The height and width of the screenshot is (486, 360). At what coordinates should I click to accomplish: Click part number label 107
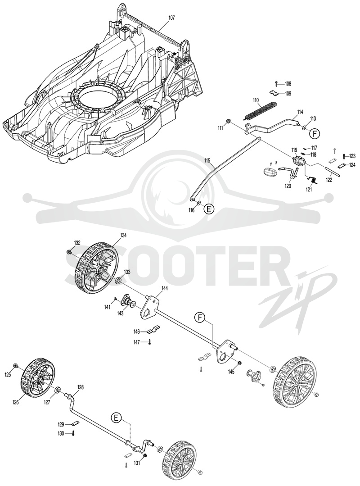click(x=171, y=18)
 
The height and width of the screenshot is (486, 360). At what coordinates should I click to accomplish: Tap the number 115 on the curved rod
click(x=207, y=160)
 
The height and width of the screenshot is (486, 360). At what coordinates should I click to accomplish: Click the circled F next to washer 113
click(x=315, y=134)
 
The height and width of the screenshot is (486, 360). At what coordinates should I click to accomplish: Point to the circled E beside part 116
click(x=209, y=209)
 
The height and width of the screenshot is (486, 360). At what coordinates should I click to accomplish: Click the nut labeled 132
click(x=69, y=252)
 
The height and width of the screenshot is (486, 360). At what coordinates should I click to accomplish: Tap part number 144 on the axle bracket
click(x=165, y=288)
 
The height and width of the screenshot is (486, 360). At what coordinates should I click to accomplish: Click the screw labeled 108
click(x=276, y=84)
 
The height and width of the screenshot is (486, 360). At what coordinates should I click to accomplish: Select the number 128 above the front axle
click(x=81, y=387)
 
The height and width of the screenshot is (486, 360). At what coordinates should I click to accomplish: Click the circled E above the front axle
click(x=116, y=418)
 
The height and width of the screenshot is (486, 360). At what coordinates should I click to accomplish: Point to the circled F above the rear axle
click(x=200, y=317)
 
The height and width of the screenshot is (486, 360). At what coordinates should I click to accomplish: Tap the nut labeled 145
click(x=239, y=363)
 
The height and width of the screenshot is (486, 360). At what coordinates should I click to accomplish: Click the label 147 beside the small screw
click(x=137, y=342)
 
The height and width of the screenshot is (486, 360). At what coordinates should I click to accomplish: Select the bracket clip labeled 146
click(x=153, y=329)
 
